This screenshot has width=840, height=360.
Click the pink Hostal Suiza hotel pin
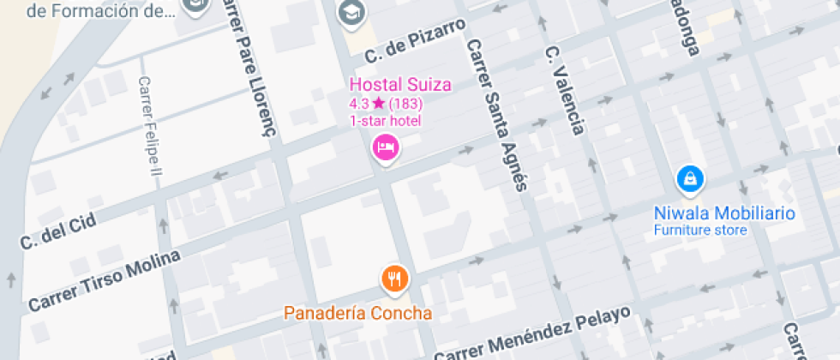point(386,148)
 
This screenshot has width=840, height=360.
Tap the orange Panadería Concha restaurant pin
point(394,278)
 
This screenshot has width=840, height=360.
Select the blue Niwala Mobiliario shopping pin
point(690,179)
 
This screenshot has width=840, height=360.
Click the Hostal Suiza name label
point(399,84)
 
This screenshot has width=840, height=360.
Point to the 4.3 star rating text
point(367,103)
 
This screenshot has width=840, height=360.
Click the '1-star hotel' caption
point(385,120)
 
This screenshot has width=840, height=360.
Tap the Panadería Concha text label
point(358,313)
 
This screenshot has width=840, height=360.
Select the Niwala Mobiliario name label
point(724,213)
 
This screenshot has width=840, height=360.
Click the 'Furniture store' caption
point(700,230)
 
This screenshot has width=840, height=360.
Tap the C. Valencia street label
point(565,90)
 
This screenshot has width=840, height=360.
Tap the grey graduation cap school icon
point(351,12)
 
